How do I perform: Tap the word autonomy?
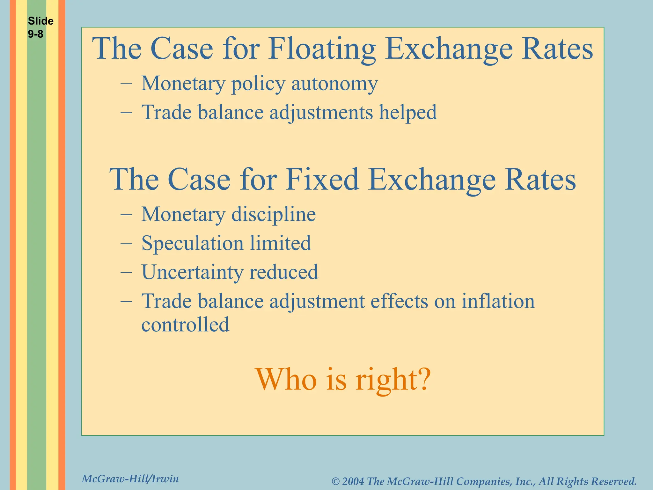(x=334, y=84)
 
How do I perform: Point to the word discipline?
(x=274, y=214)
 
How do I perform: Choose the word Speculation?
(x=193, y=243)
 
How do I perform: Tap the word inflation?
(x=498, y=301)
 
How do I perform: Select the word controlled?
(x=185, y=324)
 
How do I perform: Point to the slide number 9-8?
(x=35, y=34)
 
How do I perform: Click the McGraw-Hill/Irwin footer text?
(x=130, y=479)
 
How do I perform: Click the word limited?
(x=280, y=243)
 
